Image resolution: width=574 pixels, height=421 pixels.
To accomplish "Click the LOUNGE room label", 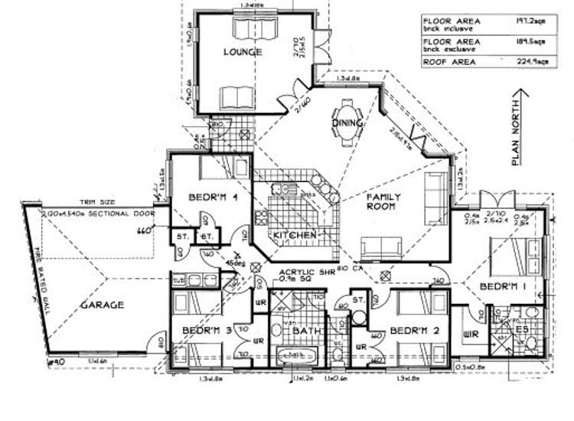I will tap(243, 52).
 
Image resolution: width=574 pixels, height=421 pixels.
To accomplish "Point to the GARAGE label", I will tap(103, 305).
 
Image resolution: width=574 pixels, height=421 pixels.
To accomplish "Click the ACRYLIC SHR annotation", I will tap(303, 273).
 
